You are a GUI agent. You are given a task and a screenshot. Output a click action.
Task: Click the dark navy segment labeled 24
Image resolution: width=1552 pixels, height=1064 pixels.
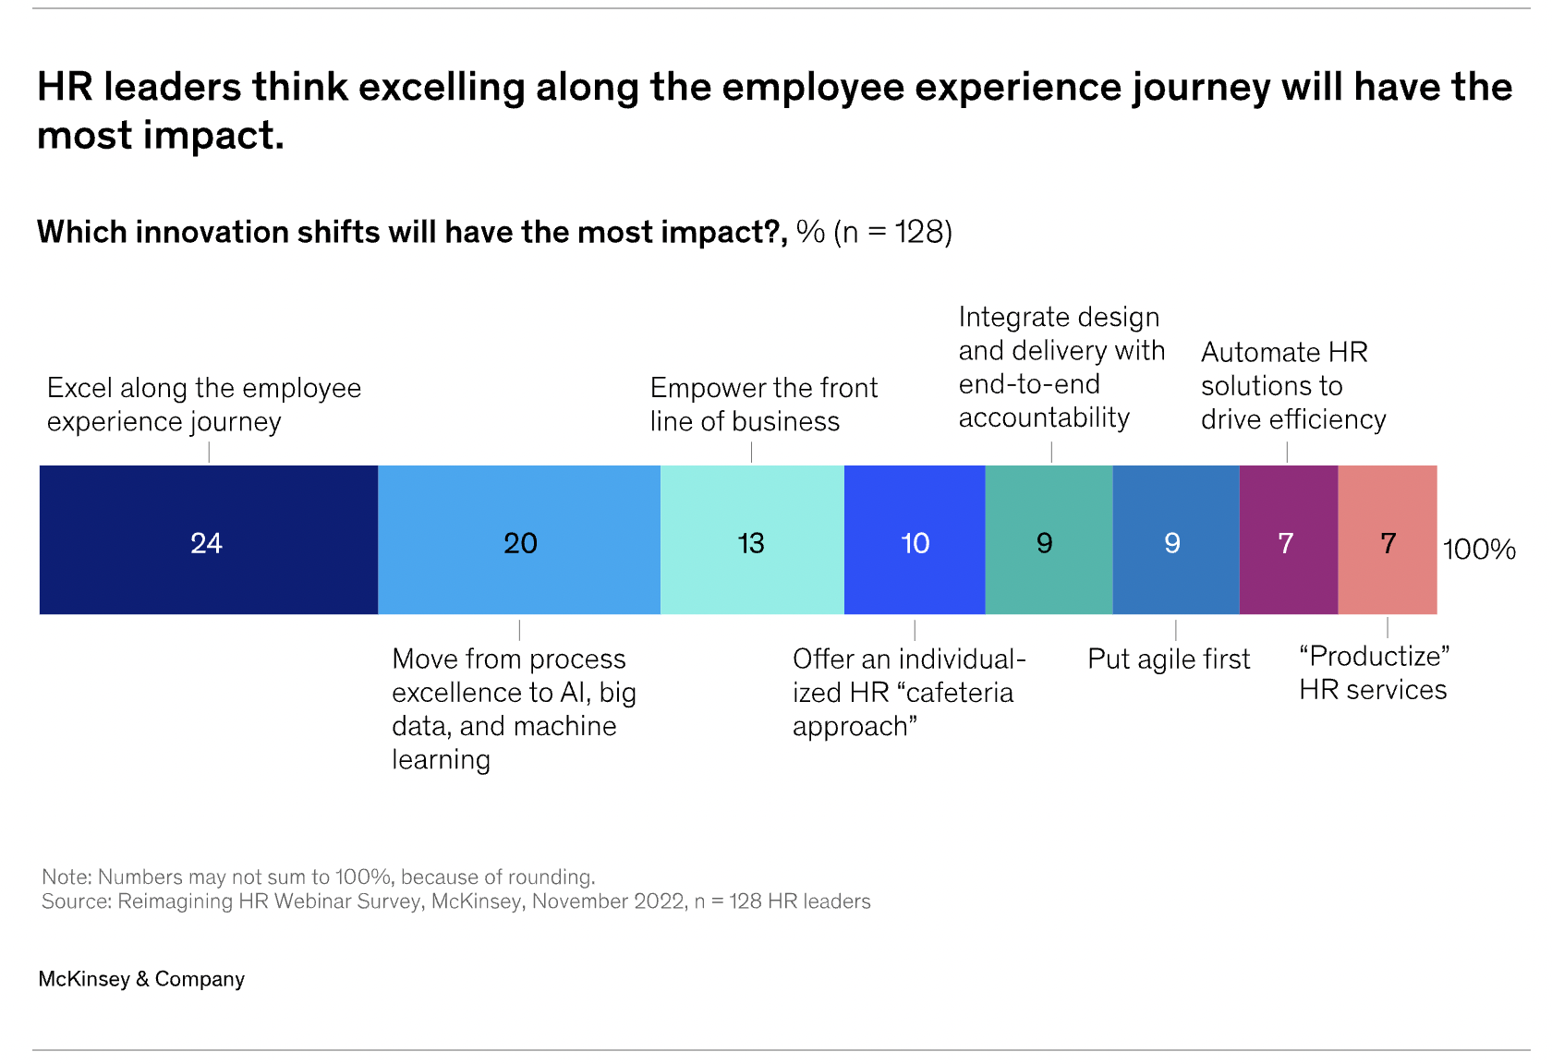coord(209,540)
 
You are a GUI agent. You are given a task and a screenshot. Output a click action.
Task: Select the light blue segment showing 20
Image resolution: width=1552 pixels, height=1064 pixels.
coord(519,540)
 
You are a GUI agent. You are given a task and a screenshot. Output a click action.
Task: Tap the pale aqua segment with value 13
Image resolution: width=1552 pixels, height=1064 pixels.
coord(752,540)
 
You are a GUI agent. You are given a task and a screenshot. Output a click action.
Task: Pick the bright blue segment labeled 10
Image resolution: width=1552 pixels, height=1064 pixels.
coord(915,540)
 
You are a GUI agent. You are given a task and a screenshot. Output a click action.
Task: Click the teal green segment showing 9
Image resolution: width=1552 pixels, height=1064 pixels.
coord(1049,540)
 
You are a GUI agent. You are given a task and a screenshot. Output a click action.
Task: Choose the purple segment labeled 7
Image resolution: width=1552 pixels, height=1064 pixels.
coord(1288,540)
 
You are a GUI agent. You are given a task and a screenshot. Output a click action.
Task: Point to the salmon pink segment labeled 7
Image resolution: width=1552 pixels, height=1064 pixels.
coord(1388,540)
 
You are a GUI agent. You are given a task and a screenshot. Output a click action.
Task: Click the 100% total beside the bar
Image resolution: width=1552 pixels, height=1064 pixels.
coord(1479,550)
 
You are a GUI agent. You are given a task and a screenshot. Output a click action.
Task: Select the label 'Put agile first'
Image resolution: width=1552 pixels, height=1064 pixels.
coord(1169,659)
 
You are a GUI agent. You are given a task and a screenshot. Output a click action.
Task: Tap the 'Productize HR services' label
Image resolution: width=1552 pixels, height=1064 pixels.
coord(1374,673)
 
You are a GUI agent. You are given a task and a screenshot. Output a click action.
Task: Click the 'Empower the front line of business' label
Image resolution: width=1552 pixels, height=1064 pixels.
coord(763,405)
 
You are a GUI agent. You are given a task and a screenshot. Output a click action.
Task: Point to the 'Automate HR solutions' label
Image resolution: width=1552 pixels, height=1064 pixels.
coord(1292,386)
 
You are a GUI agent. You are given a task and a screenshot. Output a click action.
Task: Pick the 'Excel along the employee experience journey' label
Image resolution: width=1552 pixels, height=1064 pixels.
coord(203,405)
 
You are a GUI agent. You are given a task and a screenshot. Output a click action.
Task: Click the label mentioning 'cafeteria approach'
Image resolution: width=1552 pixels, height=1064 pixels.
coord(908,693)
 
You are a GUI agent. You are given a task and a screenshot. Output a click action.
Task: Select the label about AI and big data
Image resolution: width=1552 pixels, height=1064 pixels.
coord(514,709)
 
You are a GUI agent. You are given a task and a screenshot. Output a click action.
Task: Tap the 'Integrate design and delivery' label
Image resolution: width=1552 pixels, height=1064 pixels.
coord(1061,368)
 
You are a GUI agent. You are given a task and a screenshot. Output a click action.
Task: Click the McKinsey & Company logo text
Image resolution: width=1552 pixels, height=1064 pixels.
coord(141,979)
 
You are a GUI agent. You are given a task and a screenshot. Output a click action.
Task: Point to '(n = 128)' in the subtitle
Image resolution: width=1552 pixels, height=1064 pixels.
coord(892,232)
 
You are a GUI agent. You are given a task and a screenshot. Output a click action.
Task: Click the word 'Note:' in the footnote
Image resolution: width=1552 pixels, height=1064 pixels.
coord(67,877)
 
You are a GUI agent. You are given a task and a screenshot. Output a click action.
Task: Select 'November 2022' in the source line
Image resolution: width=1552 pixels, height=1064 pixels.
coord(609,901)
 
